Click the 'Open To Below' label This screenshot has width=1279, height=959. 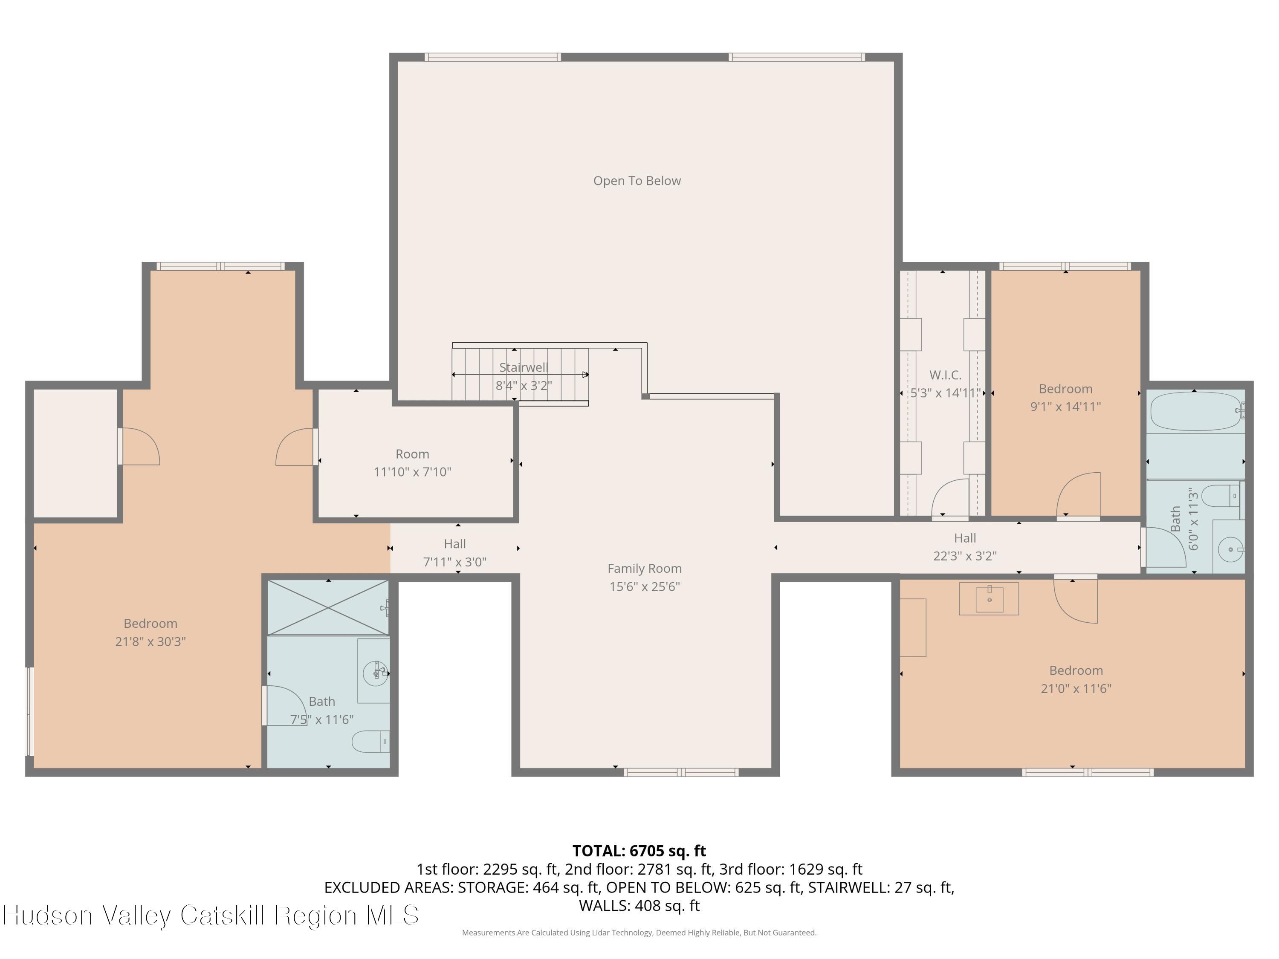pyautogui.click(x=637, y=181)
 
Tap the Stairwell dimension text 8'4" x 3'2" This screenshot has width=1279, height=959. pyautogui.click(x=523, y=386)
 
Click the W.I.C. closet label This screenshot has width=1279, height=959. pyautogui.click(x=945, y=375)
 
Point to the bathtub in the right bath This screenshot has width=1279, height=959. pyautogui.click(x=1195, y=411)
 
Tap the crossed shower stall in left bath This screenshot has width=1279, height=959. pyautogui.click(x=328, y=607)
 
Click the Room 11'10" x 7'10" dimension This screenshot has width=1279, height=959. pyautogui.click(x=412, y=472)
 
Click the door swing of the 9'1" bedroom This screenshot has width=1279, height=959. pyautogui.click(x=1080, y=494)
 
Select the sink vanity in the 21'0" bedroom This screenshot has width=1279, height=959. pyautogui.click(x=989, y=598)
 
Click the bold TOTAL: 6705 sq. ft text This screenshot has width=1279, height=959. pyautogui.click(x=639, y=851)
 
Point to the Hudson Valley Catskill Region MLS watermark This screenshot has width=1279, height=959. pyautogui.click(x=211, y=915)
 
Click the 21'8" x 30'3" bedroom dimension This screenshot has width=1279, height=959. pyautogui.click(x=150, y=641)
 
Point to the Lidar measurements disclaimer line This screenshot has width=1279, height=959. pyautogui.click(x=639, y=933)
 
